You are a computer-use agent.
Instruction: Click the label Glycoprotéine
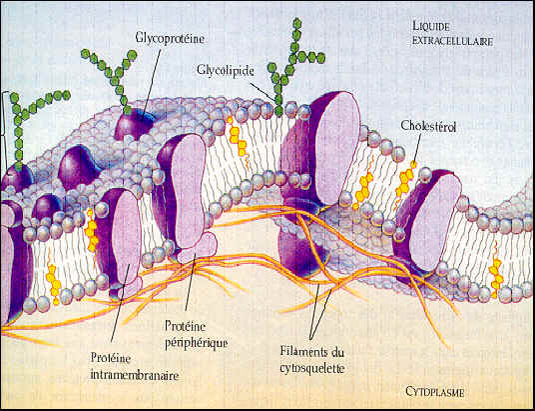pyautogui.click(x=170, y=38)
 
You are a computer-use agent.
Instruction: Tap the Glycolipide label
pyautogui.click(x=226, y=71)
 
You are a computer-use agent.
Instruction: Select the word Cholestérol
pyautogui.click(x=428, y=126)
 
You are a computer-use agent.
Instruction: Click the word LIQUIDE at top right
pyautogui.click(x=430, y=26)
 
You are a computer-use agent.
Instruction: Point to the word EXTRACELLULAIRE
pyautogui.click(x=452, y=41)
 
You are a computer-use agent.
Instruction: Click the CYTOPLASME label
pyautogui.click(x=435, y=392)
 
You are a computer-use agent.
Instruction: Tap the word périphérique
pyautogui.click(x=197, y=342)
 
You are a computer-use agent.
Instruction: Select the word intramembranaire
pyautogui.click(x=135, y=375)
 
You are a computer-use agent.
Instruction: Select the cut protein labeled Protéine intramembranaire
pyautogui.click(x=120, y=239)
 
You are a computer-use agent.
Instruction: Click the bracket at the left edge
pyautogui.click(x=4, y=130)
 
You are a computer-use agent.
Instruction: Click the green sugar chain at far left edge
pyautogui.click(x=32, y=128)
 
